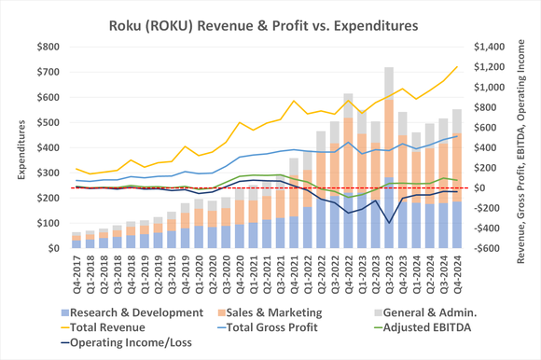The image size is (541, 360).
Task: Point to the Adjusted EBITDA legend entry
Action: coord(411,327)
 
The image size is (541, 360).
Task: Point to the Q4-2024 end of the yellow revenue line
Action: coord(457,67)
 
